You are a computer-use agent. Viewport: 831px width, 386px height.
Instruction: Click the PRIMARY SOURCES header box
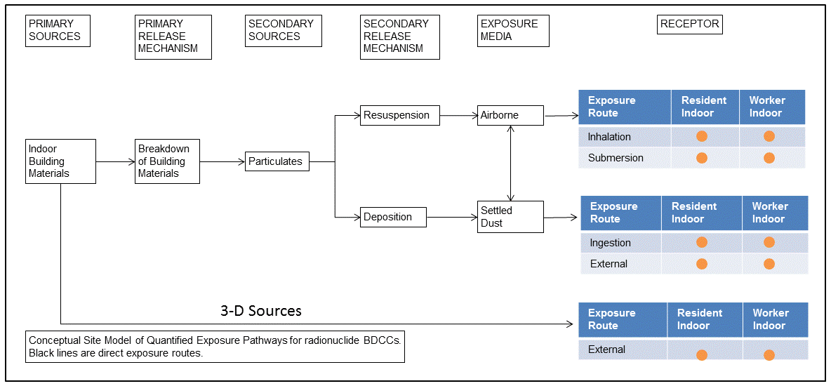tap(58, 31)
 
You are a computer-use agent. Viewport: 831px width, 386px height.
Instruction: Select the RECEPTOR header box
tap(691, 24)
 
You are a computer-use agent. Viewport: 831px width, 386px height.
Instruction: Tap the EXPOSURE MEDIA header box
tap(513, 31)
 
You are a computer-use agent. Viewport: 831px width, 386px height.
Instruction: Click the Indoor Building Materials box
tap(61, 161)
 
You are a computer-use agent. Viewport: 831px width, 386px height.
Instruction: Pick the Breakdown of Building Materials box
tap(167, 161)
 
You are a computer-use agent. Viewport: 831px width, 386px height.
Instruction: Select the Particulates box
tap(277, 161)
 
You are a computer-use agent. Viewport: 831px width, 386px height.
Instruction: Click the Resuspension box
tap(400, 116)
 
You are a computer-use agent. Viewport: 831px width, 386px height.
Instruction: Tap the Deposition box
tap(393, 218)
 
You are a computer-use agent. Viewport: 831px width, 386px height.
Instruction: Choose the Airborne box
tap(510, 116)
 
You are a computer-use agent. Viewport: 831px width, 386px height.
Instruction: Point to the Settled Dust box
tap(510, 217)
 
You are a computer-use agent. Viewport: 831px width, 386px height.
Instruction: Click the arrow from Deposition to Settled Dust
tap(451, 218)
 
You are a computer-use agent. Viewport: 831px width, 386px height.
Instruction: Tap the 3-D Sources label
tap(261, 310)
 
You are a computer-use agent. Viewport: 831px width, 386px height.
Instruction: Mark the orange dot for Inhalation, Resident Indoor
tap(702, 136)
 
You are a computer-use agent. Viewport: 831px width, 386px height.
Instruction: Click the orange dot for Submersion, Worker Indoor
tap(769, 158)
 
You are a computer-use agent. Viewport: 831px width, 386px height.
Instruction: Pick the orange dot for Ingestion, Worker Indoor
tap(769, 243)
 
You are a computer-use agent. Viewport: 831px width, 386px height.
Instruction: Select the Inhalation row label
tap(609, 137)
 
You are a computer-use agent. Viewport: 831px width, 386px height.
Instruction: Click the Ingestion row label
tap(610, 243)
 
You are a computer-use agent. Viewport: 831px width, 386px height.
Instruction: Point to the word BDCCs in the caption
tap(383, 340)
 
